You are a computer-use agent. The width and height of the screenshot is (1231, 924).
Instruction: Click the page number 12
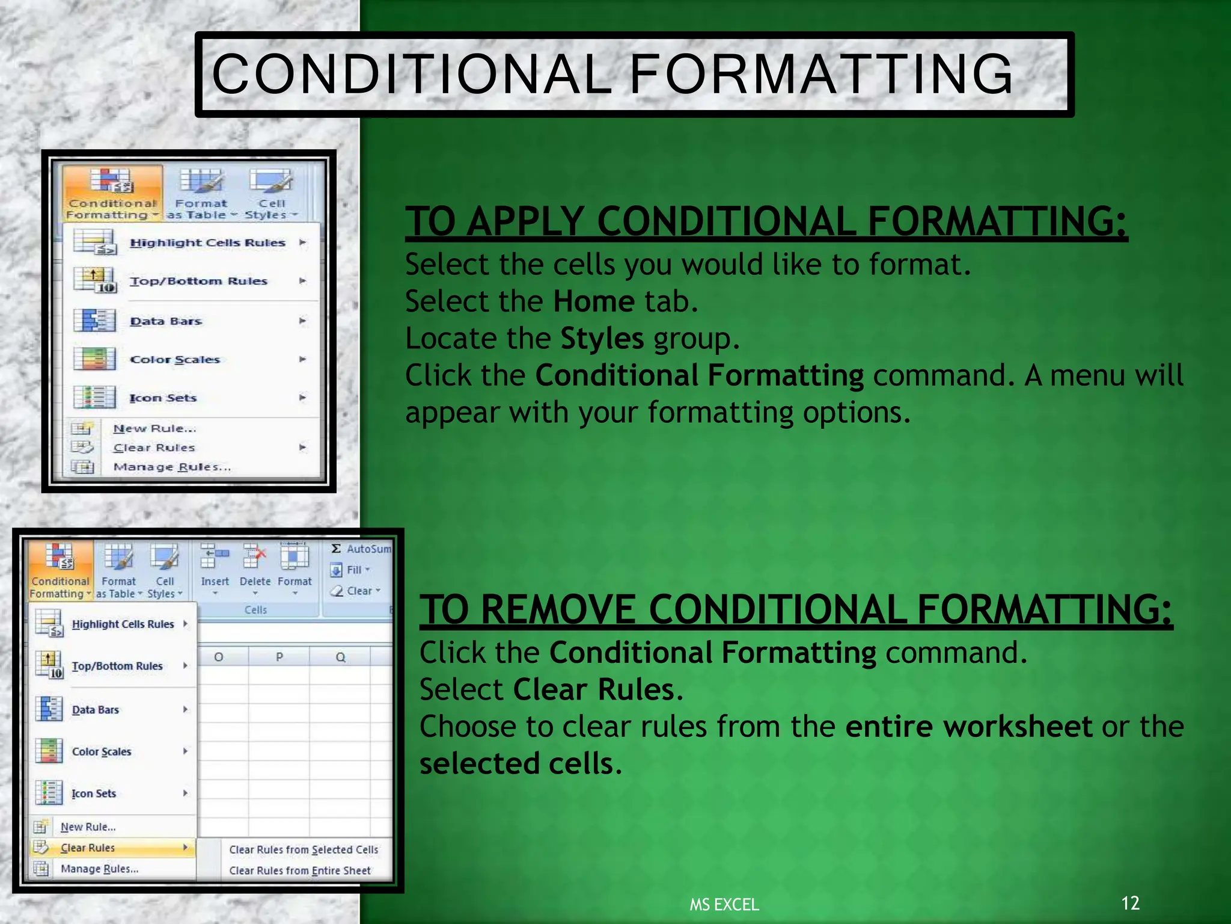(x=1130, y=902)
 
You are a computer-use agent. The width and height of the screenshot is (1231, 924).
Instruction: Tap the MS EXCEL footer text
(x=724, y=904)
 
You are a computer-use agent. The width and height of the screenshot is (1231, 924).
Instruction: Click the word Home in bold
(x=593, y=301)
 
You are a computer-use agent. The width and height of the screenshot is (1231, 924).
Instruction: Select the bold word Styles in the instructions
(x=602, y=339)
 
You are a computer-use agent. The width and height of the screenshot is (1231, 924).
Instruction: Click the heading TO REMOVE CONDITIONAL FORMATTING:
(x=795, y=609)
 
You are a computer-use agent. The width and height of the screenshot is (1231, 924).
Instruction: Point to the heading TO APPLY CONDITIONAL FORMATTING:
(x=766, y=221)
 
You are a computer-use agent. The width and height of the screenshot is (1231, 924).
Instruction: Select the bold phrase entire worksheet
(x=968, y=726)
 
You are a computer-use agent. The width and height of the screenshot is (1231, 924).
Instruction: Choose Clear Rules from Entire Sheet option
(x=299, y=870)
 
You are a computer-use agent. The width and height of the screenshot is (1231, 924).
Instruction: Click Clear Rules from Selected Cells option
(x=303, y=849)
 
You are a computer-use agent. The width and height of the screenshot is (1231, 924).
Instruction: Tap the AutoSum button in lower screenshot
(x=361, y=549)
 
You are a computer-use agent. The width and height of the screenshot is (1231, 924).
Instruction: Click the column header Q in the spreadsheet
(x=340, y=657)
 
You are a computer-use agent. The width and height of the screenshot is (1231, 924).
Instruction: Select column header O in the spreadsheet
(x=219, y=657)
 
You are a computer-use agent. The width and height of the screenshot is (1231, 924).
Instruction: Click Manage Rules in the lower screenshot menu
(x=99, y=869)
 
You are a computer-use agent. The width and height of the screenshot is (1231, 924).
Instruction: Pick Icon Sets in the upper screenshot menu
(x=163, y=398)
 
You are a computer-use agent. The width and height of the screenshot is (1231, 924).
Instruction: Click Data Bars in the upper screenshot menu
(x=166, y=321)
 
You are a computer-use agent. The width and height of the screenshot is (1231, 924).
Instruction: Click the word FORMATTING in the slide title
(x=821, y=74)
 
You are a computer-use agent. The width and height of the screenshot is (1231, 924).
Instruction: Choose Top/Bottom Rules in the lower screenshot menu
(x=117, y=666)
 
